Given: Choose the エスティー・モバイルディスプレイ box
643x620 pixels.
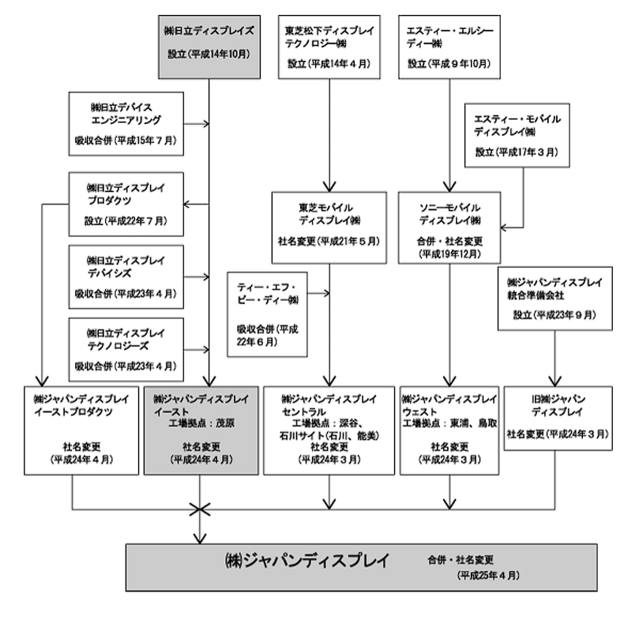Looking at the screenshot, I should pos(517,134).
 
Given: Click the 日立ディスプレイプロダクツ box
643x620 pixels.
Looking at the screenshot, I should pos(126,204).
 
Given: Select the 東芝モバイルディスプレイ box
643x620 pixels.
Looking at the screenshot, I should pos(329,227).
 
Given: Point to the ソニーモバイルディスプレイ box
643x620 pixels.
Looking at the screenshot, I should pos(449,227).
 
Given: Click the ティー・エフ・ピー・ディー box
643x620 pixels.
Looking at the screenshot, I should pos(266,314).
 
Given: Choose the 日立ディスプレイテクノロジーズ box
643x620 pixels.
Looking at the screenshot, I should pos(126,348).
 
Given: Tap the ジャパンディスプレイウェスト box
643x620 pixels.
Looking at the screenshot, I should pos(449,430).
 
